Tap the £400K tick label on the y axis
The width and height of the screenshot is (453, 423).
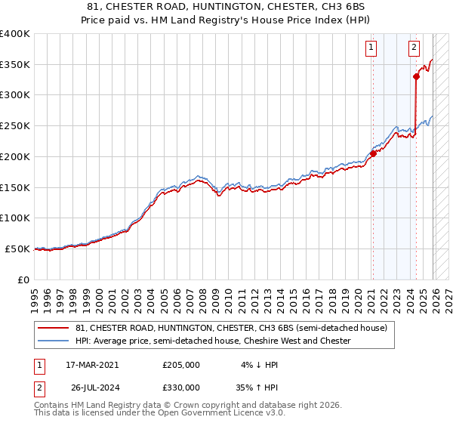coord(15,34)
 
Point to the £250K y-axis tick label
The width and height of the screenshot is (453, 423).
coord(15,126)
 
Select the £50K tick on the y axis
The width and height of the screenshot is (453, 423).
coord(17,249)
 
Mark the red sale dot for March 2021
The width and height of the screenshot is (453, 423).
coord(373,153)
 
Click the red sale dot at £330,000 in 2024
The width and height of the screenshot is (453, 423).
coord(416,76)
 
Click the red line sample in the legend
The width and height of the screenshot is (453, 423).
coord(54,328)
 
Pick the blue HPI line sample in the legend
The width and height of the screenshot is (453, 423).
coord(54,341)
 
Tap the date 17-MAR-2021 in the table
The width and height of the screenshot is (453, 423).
coord(92,364)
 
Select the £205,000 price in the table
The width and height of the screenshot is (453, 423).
coord(181,364)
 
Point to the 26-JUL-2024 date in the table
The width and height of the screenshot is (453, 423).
coord(92,387)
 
